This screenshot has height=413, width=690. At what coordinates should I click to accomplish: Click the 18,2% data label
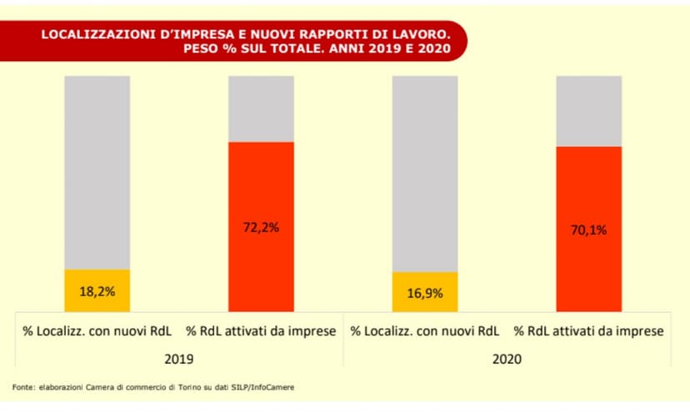97,292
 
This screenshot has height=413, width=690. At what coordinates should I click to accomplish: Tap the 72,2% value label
262,226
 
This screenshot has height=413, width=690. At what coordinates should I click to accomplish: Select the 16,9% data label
425,294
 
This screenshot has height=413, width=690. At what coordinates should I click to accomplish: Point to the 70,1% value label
590,231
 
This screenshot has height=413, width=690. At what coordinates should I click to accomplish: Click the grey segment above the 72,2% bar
262,108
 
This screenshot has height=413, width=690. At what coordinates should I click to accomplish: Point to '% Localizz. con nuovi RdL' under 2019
97,331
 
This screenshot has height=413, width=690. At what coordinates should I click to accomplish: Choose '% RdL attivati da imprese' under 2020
589,331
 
